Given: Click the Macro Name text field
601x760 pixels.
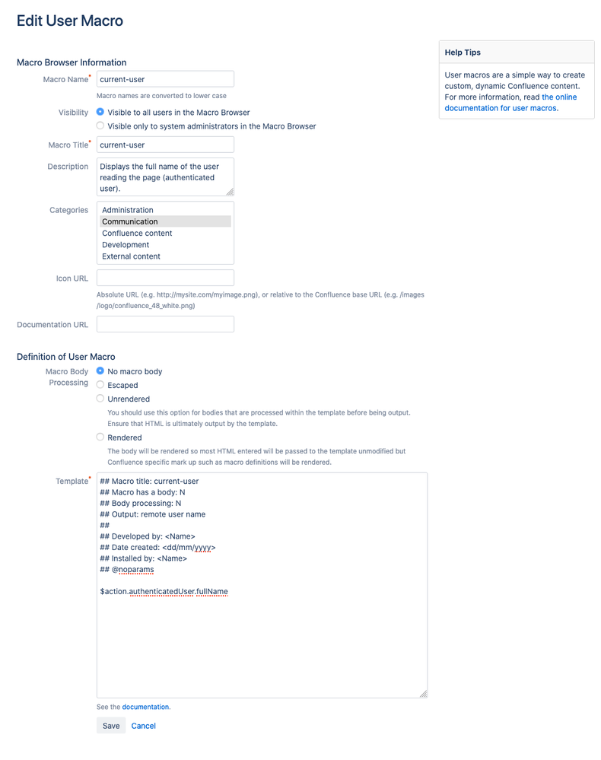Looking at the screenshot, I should (165, 79).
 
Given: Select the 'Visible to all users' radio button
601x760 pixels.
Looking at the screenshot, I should (100, 112).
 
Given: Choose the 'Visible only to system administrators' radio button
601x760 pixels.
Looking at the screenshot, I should (100, 126).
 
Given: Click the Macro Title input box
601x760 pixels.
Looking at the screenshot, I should (165, 145).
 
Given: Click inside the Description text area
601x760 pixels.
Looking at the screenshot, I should (165, 176).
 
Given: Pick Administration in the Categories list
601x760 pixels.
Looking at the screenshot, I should (128, 210).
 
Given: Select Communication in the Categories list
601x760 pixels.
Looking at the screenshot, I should (130, 221).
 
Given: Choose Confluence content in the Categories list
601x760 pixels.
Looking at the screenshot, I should (137, 234).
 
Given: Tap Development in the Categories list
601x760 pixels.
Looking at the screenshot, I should (126, 245).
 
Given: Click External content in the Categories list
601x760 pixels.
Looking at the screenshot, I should (131, 256).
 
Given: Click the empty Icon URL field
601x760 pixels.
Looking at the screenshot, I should (165, 278).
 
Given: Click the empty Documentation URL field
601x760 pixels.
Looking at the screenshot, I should (165, 324).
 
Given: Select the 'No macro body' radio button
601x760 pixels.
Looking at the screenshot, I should (100, 371).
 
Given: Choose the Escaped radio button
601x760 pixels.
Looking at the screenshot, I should (100, 385).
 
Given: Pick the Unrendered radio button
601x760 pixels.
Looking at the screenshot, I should (100, 398).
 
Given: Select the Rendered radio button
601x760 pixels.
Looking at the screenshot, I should (100, 437).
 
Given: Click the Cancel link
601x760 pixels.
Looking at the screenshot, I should (143, 726).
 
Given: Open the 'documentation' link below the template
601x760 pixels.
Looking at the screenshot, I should (146, 707).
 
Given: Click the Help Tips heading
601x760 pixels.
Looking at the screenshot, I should (463, 52).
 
